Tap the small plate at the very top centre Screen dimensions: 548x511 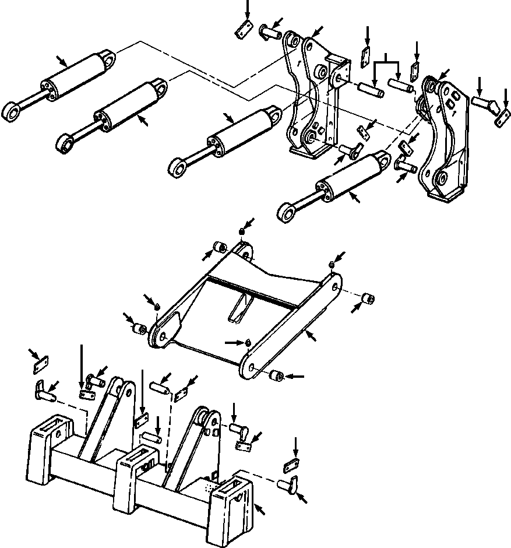tap(243, 30)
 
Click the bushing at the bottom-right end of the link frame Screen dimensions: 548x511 tap(276, 377)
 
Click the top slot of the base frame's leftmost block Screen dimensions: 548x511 tap(55, 424)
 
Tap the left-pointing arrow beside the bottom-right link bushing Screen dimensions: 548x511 tap(295, 377)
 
